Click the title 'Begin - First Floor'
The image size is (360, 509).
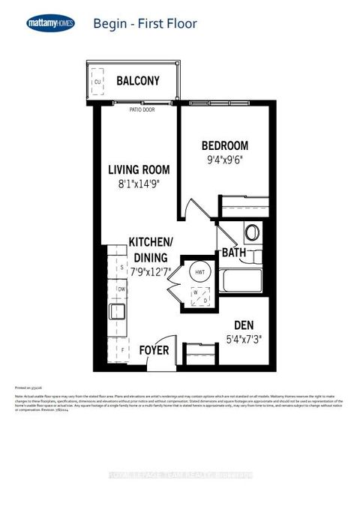pyautogui.click(x=145, y=24)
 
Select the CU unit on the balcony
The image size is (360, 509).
pyautogui.click(x=97, y=82)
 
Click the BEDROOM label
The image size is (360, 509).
pyautogui.click(x=224, y=145)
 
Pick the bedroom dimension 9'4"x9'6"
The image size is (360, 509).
pyautogui.click(x=224, y=160)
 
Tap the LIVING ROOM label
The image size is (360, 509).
pyautogui.click(x=138, y=169)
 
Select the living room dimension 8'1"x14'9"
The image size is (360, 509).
pyautogui.click(x=138, y=184)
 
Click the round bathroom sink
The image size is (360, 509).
pyautogui.click(x=252, y=232)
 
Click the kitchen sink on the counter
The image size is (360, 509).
pyautogui.click(x=118, y=310)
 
